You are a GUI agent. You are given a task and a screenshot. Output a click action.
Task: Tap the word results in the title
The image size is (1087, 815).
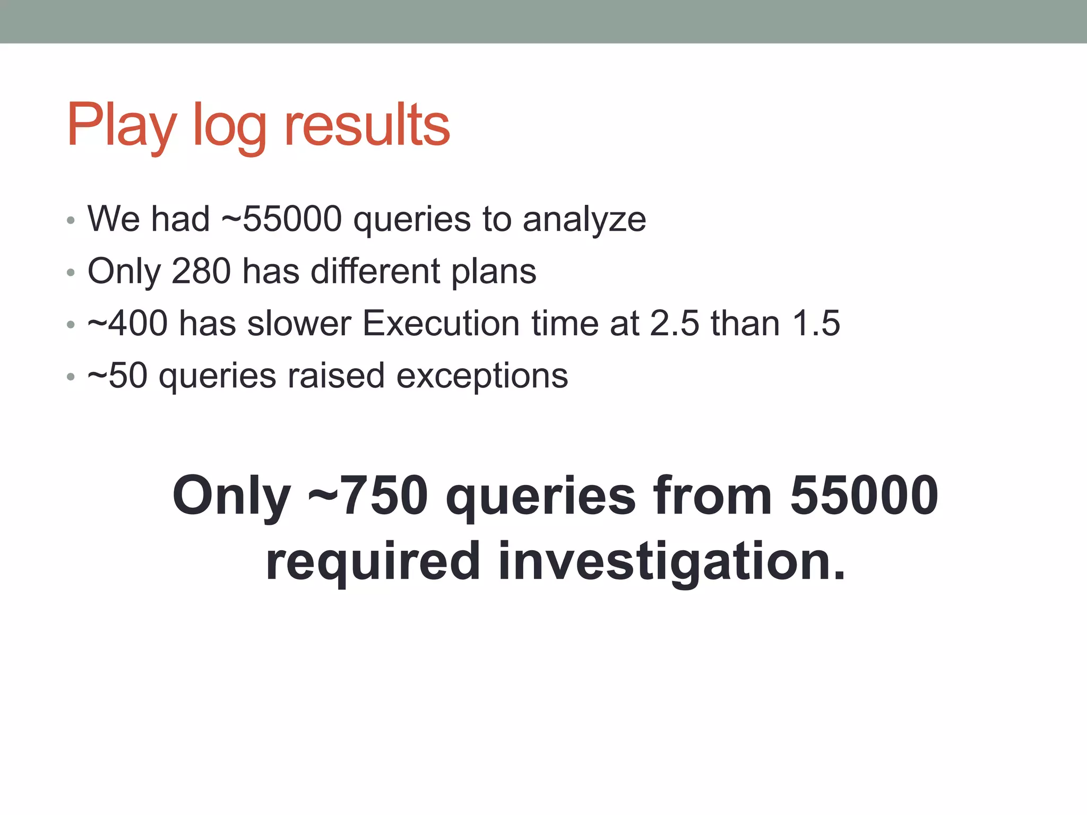pos(367,125)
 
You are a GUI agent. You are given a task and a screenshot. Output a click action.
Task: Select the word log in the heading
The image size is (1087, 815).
pos(229,127)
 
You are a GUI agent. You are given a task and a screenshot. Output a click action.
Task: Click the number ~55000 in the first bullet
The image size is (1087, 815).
pos(281,219)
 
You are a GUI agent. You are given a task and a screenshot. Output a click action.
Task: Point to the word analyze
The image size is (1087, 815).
pos(584,220)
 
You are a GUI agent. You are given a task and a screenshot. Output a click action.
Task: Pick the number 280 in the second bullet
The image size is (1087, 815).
pos(201,271)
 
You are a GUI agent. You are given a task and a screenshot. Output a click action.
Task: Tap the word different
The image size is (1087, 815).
pos(375,271)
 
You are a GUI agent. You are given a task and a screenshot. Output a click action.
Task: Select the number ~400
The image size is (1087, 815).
pos(127,323)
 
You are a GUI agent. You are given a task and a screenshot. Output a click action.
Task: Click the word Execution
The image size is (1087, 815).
pos(441,323)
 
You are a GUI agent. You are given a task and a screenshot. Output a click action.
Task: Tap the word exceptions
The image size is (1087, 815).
pos(482,377)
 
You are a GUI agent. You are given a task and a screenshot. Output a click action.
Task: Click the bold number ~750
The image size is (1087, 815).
pos(368,496)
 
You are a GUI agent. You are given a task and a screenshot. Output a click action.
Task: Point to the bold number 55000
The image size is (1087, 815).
pos(864,496)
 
